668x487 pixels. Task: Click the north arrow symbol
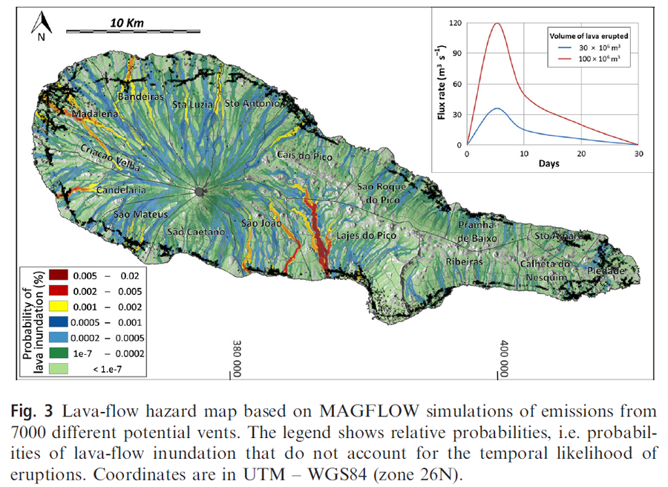tap(42, 24)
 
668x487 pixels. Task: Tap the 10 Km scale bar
tap(133, 31)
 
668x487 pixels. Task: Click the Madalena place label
tap(94, 114)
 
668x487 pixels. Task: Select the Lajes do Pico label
tap(367, 235)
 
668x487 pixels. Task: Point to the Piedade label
tap(606, 270)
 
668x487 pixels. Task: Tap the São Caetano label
tap(196, 232)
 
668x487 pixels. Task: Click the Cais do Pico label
tap(304, 155)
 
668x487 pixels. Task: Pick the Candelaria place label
tap(122, 190)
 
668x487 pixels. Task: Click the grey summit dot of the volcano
tap(199, 192)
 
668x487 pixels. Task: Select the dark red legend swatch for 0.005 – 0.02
tap(59, 275)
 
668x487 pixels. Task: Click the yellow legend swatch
tap(59, 307)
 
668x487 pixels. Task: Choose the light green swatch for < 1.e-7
tap(59, 368)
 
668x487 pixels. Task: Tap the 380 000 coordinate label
tap(238, 359)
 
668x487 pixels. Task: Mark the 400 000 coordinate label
tap(505, 359)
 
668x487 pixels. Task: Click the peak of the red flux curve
tap(497, 23)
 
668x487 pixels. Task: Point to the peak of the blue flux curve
tap(497, 108)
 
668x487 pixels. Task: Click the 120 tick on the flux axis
tap(456, 23)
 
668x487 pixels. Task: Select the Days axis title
tap(549, 163)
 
